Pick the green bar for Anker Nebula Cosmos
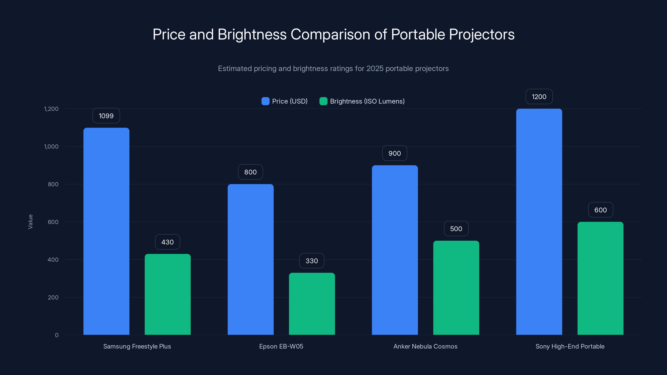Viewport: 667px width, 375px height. tap(456, 287)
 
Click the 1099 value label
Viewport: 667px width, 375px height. tap(106, 116)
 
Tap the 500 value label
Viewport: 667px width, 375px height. tap(456, 229)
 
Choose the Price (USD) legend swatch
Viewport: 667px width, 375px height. tap(265, 101)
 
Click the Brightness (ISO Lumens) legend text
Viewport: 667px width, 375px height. tap(367, 101)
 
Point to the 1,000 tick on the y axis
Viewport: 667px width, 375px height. tap(51, 146)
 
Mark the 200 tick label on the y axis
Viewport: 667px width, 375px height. tap(53, 297)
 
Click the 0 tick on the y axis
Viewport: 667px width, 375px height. tap(57, 335)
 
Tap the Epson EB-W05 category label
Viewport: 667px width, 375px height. tap(281, 346)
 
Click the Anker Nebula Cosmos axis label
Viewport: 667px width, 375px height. tap(425, 346)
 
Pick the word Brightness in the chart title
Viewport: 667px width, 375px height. tap(252, 34)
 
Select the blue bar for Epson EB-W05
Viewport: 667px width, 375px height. tap(250, 259)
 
